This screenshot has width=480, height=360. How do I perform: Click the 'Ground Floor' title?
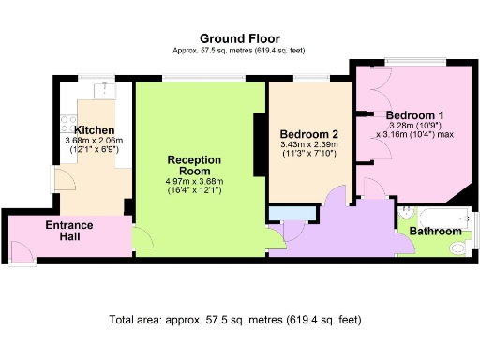click(x=239, y=38)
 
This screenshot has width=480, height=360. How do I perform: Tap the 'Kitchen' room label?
click(x=95, y=129)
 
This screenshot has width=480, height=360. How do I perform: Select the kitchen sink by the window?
click(x=104, y=88)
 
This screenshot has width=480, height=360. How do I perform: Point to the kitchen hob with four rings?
click(x=67, y=120)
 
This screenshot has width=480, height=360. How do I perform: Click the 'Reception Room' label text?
click(x=193, y=165)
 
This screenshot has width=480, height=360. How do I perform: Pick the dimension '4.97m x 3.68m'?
click(x=193, y=181)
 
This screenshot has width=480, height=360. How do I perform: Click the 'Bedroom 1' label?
click(x=414, y=114)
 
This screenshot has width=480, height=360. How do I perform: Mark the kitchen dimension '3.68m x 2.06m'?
click(x=95, y=141)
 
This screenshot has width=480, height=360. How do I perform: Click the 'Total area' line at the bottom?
click(x=235, y=320)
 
